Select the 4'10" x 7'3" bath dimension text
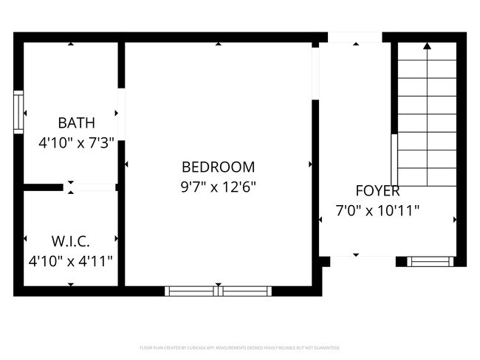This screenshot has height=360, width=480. point(76,142)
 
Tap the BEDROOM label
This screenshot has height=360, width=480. point(218,167)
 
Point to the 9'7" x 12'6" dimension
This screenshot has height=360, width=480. point(218,187)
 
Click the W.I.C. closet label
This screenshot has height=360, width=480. point(71,241)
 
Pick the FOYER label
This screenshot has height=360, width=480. point(377,190)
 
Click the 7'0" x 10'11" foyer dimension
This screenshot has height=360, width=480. point(377,210)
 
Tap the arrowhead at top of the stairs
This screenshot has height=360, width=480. point(427,46)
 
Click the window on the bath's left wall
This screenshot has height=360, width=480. point(18,111)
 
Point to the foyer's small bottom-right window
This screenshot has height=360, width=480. point(429,260)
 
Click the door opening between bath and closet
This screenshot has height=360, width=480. point(94,187)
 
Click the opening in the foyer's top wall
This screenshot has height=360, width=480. point(355,37)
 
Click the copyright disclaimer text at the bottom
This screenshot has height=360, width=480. point(239,347)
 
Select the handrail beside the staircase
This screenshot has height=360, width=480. point(394,159)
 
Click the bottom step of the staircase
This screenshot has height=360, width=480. point(427,177)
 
